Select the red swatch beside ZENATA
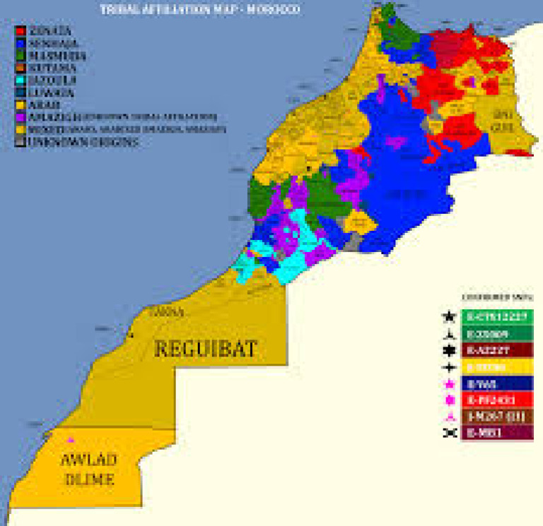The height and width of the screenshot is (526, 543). (21, 31)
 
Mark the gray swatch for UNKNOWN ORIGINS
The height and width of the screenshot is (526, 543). (21, 142)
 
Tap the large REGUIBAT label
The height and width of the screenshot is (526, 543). (204, 348)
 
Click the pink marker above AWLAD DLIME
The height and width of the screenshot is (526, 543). (70, 440)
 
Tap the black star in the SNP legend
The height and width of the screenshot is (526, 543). (448, 317)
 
